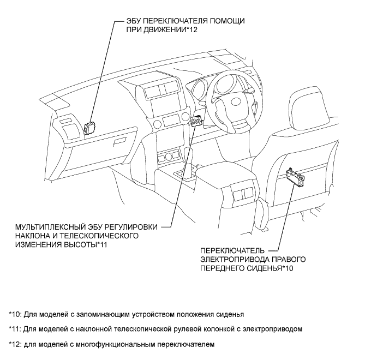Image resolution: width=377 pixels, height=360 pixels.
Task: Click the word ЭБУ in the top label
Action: tap(133, 21)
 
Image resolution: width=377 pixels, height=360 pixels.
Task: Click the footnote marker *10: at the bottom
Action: tap(16, 315)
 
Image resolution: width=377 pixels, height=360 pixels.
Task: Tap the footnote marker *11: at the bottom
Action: tap(16, 329)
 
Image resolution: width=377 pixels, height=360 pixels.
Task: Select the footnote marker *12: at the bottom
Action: tap(16, 344)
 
